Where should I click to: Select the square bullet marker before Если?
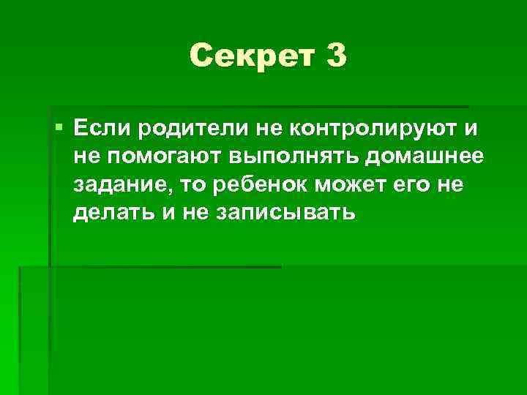[x=59, y=129]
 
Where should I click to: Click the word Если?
[x=100, y=129]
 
